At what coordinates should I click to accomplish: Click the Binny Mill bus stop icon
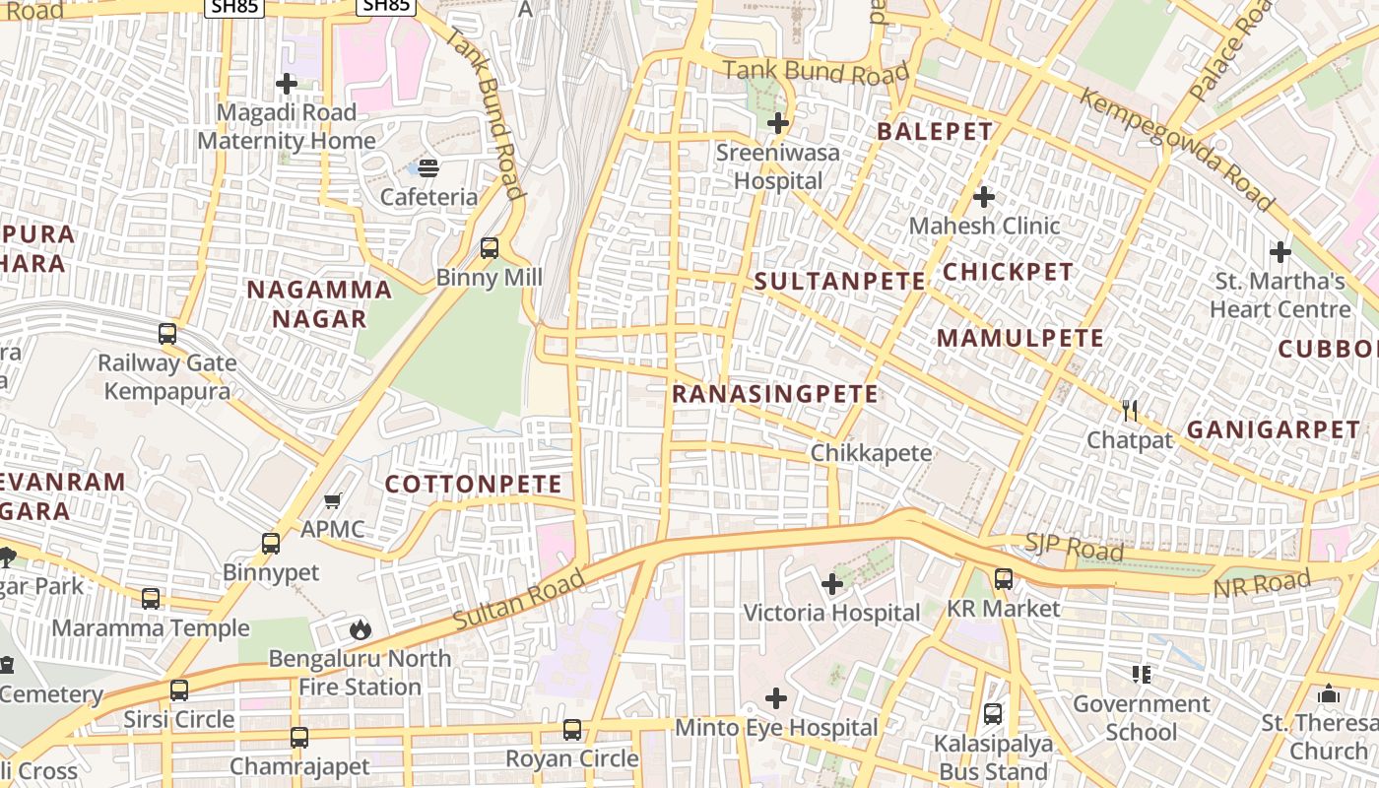490,248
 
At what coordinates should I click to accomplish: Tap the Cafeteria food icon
428,167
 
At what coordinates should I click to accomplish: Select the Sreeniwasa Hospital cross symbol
778,124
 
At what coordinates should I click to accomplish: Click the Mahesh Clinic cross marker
983,197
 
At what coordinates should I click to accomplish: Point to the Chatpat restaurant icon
1130,410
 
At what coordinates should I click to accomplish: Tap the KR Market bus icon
1003,579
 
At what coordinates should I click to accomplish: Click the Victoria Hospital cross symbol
832,584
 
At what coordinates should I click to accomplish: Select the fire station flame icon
361,629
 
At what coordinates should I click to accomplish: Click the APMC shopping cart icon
333,501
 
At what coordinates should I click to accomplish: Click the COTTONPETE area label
473,485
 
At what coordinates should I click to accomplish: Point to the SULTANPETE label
840,282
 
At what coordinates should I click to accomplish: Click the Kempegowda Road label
1176,149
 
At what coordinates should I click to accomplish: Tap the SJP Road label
1074,549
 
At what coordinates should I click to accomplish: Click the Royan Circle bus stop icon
572,730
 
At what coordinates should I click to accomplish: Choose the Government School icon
1142,675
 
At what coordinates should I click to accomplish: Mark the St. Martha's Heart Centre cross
1280,252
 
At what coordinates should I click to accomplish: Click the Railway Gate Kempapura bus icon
167,334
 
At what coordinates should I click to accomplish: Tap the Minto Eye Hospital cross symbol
776,698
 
